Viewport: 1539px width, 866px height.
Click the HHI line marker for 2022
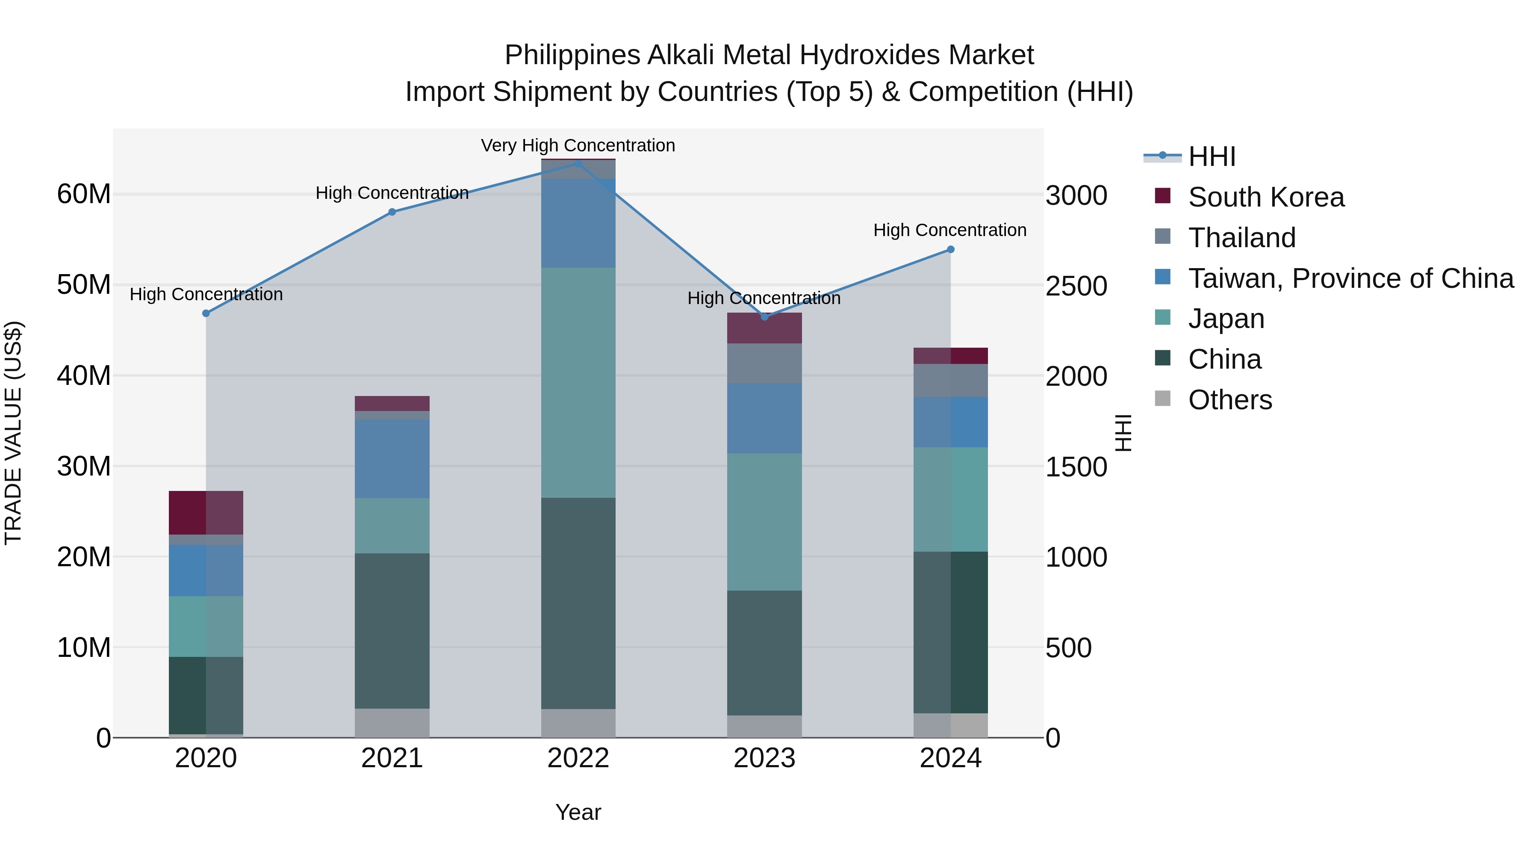click(578, 163)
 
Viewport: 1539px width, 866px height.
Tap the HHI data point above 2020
click(206, 313)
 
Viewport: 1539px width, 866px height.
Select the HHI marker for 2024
click(950, 249)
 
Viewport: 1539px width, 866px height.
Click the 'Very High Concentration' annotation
click(578, 145)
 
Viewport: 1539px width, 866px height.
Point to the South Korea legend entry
click(1266, 197)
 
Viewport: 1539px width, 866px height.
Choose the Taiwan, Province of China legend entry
click(1350, 278)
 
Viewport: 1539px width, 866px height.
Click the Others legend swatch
click(1163, 399)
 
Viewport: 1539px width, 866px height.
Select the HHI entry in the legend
click(1211, 157)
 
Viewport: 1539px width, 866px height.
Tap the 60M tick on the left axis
click(84, 194)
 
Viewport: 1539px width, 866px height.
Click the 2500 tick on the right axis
click(1076, 286)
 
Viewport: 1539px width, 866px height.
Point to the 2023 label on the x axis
click(764, 758)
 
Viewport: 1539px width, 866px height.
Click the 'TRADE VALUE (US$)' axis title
click(13, 433)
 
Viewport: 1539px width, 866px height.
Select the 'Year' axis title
click(578, 812)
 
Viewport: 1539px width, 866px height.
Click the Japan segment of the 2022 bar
click(578, 382)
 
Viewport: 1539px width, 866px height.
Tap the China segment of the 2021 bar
click(392, 630)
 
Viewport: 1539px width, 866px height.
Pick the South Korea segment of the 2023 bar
click(764, 328)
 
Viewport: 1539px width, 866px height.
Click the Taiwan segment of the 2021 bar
click(392, 458)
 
